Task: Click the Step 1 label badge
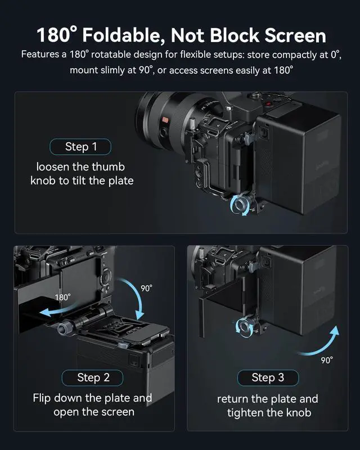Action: click(80, 147)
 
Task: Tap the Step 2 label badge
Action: click(92, 377)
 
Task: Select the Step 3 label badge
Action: click(268, 377)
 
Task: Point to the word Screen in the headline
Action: click(295, 35)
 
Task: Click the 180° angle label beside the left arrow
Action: click(62, 297)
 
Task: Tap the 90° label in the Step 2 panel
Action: click(146, 288)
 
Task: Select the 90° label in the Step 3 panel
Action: click(327, 360)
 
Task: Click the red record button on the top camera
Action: click(268, 104)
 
